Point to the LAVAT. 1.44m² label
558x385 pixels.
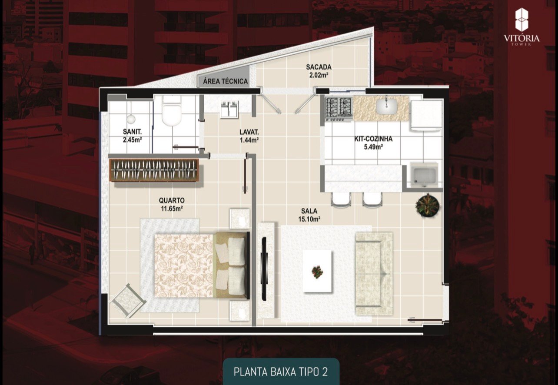tap(249, 136)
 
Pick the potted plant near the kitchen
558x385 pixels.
tap(427, 204)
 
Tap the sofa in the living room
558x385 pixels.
tap(374, 273)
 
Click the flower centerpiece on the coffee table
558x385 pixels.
tap(317, 272)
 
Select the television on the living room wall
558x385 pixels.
tap(264, 269)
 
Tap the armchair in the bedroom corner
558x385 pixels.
tap(128, 299)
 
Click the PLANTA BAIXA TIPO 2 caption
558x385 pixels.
tap(280, 372)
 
